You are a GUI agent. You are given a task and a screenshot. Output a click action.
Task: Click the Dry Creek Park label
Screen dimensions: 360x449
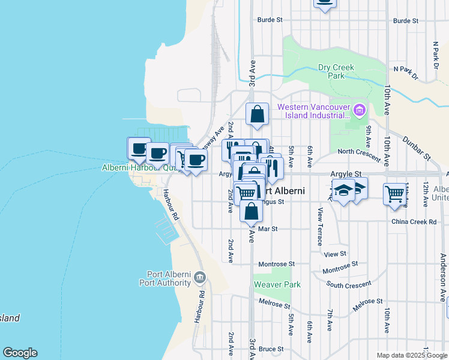pos(336,72)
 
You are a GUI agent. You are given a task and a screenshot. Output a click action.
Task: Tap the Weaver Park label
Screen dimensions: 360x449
pos(277,284)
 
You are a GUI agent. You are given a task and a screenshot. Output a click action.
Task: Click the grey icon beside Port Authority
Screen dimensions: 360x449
pos(200,278)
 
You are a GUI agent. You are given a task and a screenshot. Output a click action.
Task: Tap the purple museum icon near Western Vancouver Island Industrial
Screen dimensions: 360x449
pos(360,110)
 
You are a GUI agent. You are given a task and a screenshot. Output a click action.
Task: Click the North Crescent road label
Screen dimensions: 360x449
pos(359,155)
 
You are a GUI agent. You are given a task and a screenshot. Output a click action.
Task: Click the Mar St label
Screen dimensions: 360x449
pos(268,229)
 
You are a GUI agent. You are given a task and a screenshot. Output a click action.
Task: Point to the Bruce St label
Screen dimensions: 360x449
pos(271,349)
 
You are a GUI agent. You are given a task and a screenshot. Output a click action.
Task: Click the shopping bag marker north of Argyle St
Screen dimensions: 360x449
pos(257,114)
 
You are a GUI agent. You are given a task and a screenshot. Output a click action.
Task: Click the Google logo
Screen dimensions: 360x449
pos(20,353)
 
